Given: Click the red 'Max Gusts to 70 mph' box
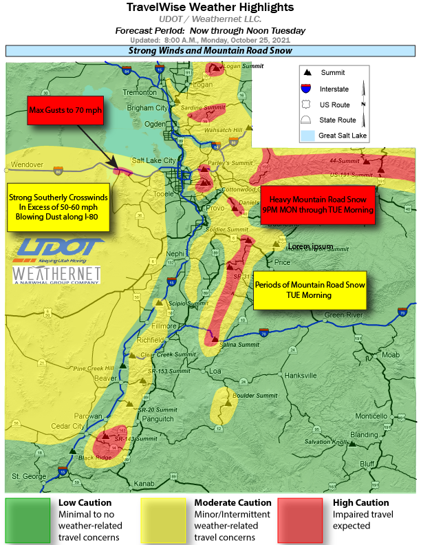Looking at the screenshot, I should pos(65,110).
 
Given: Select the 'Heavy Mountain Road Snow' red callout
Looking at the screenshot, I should pos(318,204).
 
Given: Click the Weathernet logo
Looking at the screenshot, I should pos(56,275).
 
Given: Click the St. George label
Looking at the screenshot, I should pos(27,476).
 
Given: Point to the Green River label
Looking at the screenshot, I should pos(343,316).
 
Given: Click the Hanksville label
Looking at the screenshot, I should pos(300,375).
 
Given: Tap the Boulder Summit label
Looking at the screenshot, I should pos(257,396).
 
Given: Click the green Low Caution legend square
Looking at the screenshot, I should pos(28,520).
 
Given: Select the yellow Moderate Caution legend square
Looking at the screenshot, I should pos(163,520).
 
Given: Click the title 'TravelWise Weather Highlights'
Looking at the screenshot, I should pos(210,8).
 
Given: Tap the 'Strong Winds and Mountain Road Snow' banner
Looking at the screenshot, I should pos(210,51).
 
